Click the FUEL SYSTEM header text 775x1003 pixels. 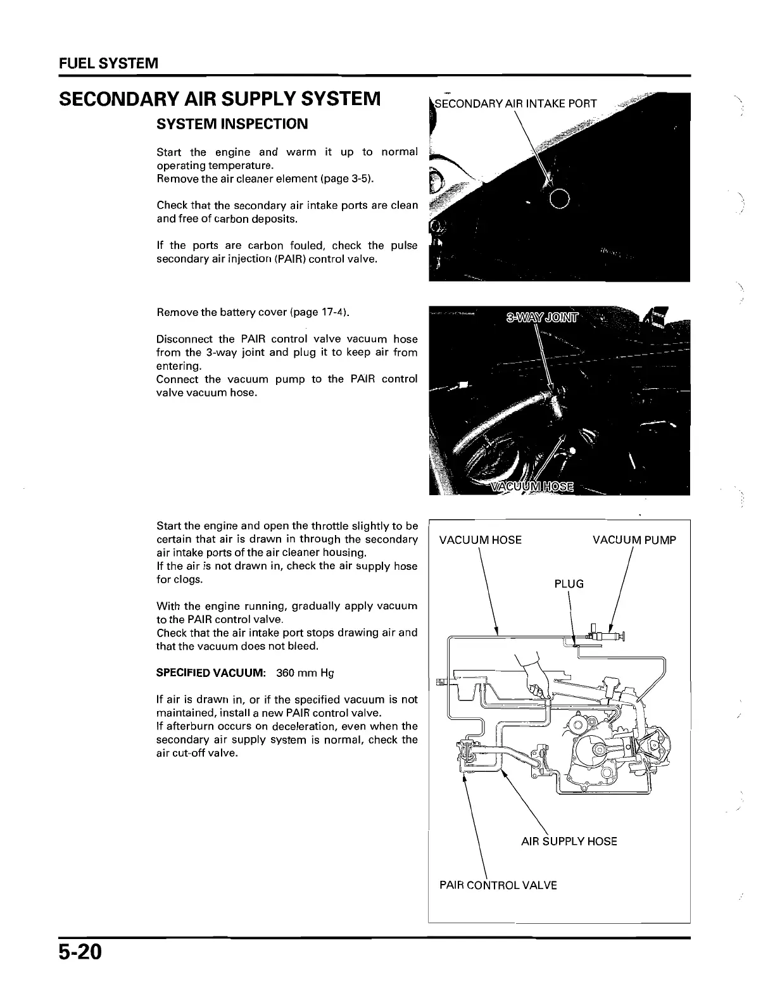click(108, 64)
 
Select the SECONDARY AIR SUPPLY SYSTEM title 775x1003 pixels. click(220, 99)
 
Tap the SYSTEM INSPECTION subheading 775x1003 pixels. click(232, 124)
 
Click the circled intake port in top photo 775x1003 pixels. click(561, 199)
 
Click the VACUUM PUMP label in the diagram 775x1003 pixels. click(634, 540)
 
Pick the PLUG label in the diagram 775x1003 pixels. click(569, 584)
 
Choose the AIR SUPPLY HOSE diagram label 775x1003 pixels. click(569, 842)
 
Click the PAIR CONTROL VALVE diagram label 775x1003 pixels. click(498, 885)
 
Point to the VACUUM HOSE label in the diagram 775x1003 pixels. click(480, 540)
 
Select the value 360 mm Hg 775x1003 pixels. click(305, 673)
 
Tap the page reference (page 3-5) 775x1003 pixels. click(347, 179)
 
